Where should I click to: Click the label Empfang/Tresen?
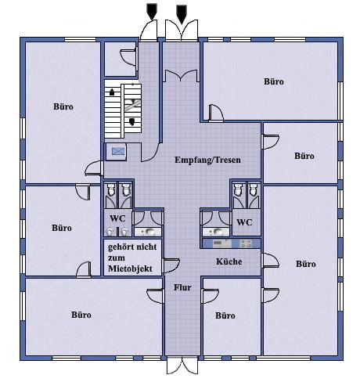207,160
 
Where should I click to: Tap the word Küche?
229,261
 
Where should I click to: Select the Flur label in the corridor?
182,287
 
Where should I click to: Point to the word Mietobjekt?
130,268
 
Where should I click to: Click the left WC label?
117,218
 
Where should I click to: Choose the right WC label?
244,222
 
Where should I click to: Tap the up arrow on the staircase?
112,92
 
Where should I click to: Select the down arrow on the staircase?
132,121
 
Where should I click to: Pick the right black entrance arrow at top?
182,13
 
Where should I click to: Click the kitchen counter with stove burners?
231,243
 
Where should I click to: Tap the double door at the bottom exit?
182,366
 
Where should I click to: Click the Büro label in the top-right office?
274,81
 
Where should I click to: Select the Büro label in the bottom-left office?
81,315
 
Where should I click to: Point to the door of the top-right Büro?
216,114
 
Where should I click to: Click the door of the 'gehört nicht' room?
171,265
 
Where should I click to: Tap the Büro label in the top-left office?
63,106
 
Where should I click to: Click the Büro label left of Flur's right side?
225,315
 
